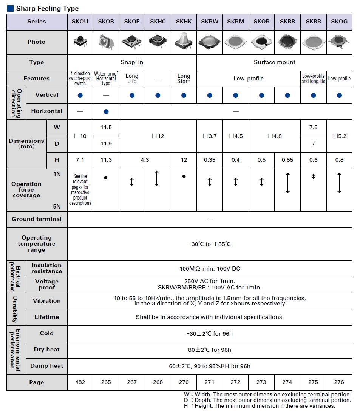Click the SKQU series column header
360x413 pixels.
(80, 22)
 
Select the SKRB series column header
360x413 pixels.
(287, 22)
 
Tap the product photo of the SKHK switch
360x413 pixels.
(184, 42)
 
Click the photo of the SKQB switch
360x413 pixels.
(106, 42)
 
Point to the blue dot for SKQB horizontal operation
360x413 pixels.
(106, 111)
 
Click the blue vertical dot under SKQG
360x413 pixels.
(339, 96)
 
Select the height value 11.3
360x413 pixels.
(106, 160)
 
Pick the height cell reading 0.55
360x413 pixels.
(287, 160)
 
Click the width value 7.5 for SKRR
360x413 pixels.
(313, 127)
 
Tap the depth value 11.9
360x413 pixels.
(106, 144)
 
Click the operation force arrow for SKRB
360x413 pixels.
(288, 183)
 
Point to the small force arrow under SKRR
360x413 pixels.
(313, 176)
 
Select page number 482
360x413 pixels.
(80, 382)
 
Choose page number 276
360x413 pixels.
(339, 382)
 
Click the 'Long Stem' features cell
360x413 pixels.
(184, 79)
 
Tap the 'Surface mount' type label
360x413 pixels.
(275, 62)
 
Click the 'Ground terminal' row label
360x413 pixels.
(37, 219)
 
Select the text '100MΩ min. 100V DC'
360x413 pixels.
(210, 269)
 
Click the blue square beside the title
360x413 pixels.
(10, 8)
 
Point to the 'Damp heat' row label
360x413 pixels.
(47, 366)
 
